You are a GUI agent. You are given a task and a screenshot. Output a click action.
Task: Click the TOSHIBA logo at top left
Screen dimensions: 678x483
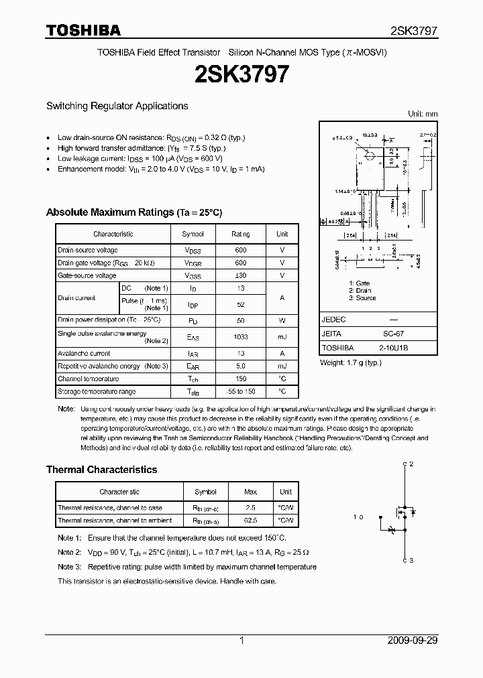[x=83, y=30]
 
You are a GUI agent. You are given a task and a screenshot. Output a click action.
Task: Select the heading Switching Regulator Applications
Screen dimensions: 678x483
[x=117, y=106]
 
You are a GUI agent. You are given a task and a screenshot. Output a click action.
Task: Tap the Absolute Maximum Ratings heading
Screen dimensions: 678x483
[x=133, y=212]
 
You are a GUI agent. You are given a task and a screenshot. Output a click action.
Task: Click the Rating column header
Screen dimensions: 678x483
[x=240, y=234]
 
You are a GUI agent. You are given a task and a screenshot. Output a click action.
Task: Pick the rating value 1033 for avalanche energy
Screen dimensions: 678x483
[x=240, y=337]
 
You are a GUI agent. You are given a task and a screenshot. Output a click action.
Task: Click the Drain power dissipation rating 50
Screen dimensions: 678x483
[x=240, y=320]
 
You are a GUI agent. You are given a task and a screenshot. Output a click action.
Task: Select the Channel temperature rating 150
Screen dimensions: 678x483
[x=240, y=379]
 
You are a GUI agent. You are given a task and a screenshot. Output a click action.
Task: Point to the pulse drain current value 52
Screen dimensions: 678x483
[x=240, y=304]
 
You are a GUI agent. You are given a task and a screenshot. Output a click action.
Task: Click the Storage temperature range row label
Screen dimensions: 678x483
[x=97, y=392]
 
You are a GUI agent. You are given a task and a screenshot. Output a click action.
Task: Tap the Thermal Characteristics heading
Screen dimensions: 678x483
[x=101, y=470]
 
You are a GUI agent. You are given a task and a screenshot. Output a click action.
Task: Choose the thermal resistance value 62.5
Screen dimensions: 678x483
[x=251, y=520]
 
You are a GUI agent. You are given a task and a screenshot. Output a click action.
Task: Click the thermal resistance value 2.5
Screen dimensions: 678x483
[x=251, y=508]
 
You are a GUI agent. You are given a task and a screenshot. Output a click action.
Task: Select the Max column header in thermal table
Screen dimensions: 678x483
[x=251, y=492]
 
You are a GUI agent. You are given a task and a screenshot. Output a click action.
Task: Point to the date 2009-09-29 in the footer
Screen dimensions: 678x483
[x=413, y=640]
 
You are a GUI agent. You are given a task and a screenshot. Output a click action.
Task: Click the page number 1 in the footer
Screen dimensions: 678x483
[x=241, y=640]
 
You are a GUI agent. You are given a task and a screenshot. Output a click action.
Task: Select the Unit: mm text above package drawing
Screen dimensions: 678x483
[x=423, y=115]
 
